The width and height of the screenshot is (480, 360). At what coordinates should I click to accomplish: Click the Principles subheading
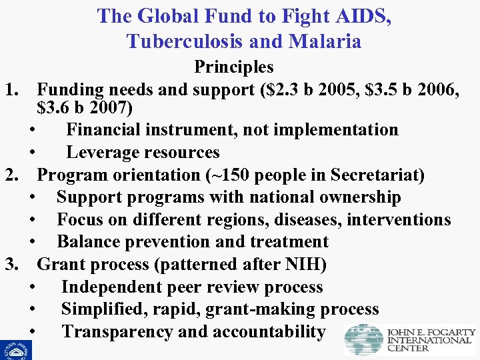coord(234,67)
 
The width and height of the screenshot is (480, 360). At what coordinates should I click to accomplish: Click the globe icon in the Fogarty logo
coord(363,339)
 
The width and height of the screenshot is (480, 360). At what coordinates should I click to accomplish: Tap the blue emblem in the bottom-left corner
coord(15,349)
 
